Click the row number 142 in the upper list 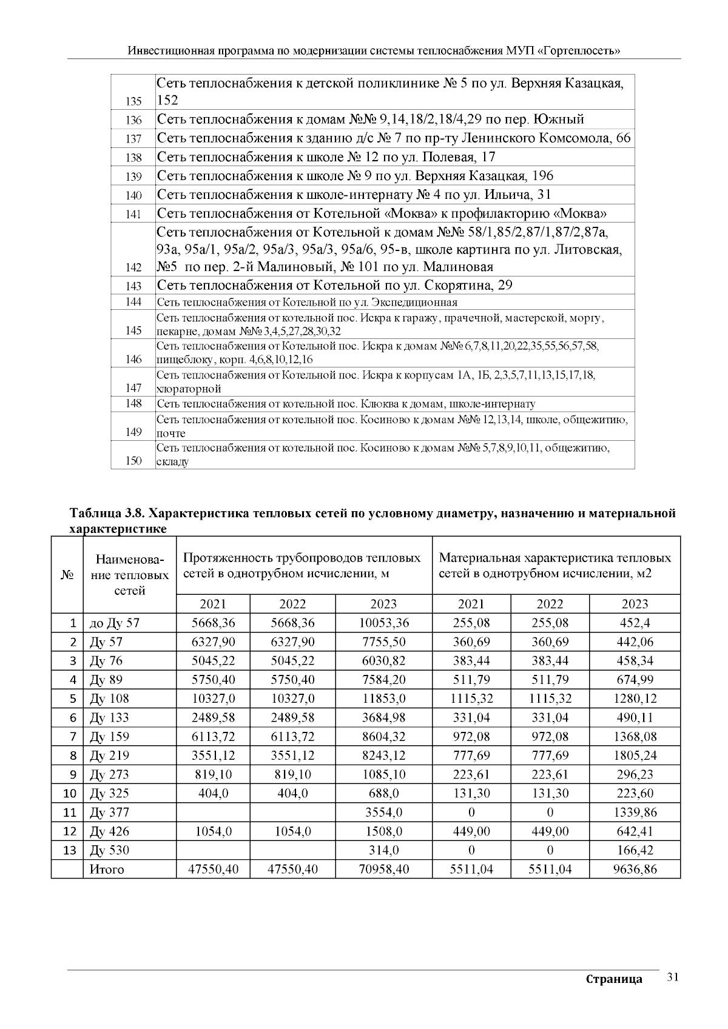(133, 267)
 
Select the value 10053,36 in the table (383, 623)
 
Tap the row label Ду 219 (109, 756)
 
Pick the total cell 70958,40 (383, 869)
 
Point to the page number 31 (672, 977)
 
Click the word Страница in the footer (614, 979)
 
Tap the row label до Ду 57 (114, 623)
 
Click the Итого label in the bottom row (107, 869)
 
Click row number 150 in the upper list (133, 461)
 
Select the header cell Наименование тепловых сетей (129, 574)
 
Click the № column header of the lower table (67, 574)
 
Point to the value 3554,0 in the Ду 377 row (383, 812)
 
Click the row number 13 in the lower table (70, 850)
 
